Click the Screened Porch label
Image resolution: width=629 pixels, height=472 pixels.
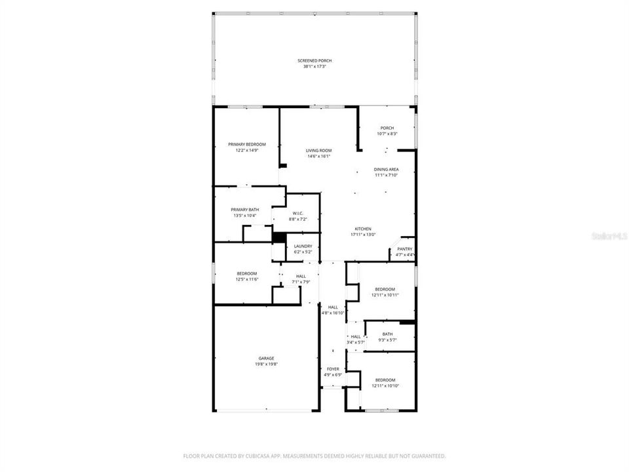(314, 60)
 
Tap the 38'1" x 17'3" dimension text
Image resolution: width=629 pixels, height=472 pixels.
(314, 66)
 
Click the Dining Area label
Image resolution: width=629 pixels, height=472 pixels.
(387, 169)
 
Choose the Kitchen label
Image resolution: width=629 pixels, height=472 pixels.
(363, 228)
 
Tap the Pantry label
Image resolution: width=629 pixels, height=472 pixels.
(405, 249)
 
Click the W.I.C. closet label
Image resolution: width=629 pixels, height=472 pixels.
(297, 213)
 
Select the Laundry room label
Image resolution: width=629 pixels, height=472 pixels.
(303, 246)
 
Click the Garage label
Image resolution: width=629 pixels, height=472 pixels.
(266, 358)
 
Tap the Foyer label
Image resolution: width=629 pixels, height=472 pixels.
(333, 369)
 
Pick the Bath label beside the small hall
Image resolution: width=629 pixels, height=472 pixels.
(388, 334)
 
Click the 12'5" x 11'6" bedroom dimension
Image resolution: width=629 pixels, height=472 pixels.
(247, 279)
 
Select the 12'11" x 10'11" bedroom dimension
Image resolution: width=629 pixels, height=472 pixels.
(385, 295)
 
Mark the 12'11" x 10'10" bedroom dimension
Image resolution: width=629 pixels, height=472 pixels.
(385, 385)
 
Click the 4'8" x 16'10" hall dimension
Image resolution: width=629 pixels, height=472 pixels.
(333, 313)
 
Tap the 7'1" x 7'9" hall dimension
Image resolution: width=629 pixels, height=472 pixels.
(301, 282)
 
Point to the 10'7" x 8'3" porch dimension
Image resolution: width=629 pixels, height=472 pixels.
(387, 134)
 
